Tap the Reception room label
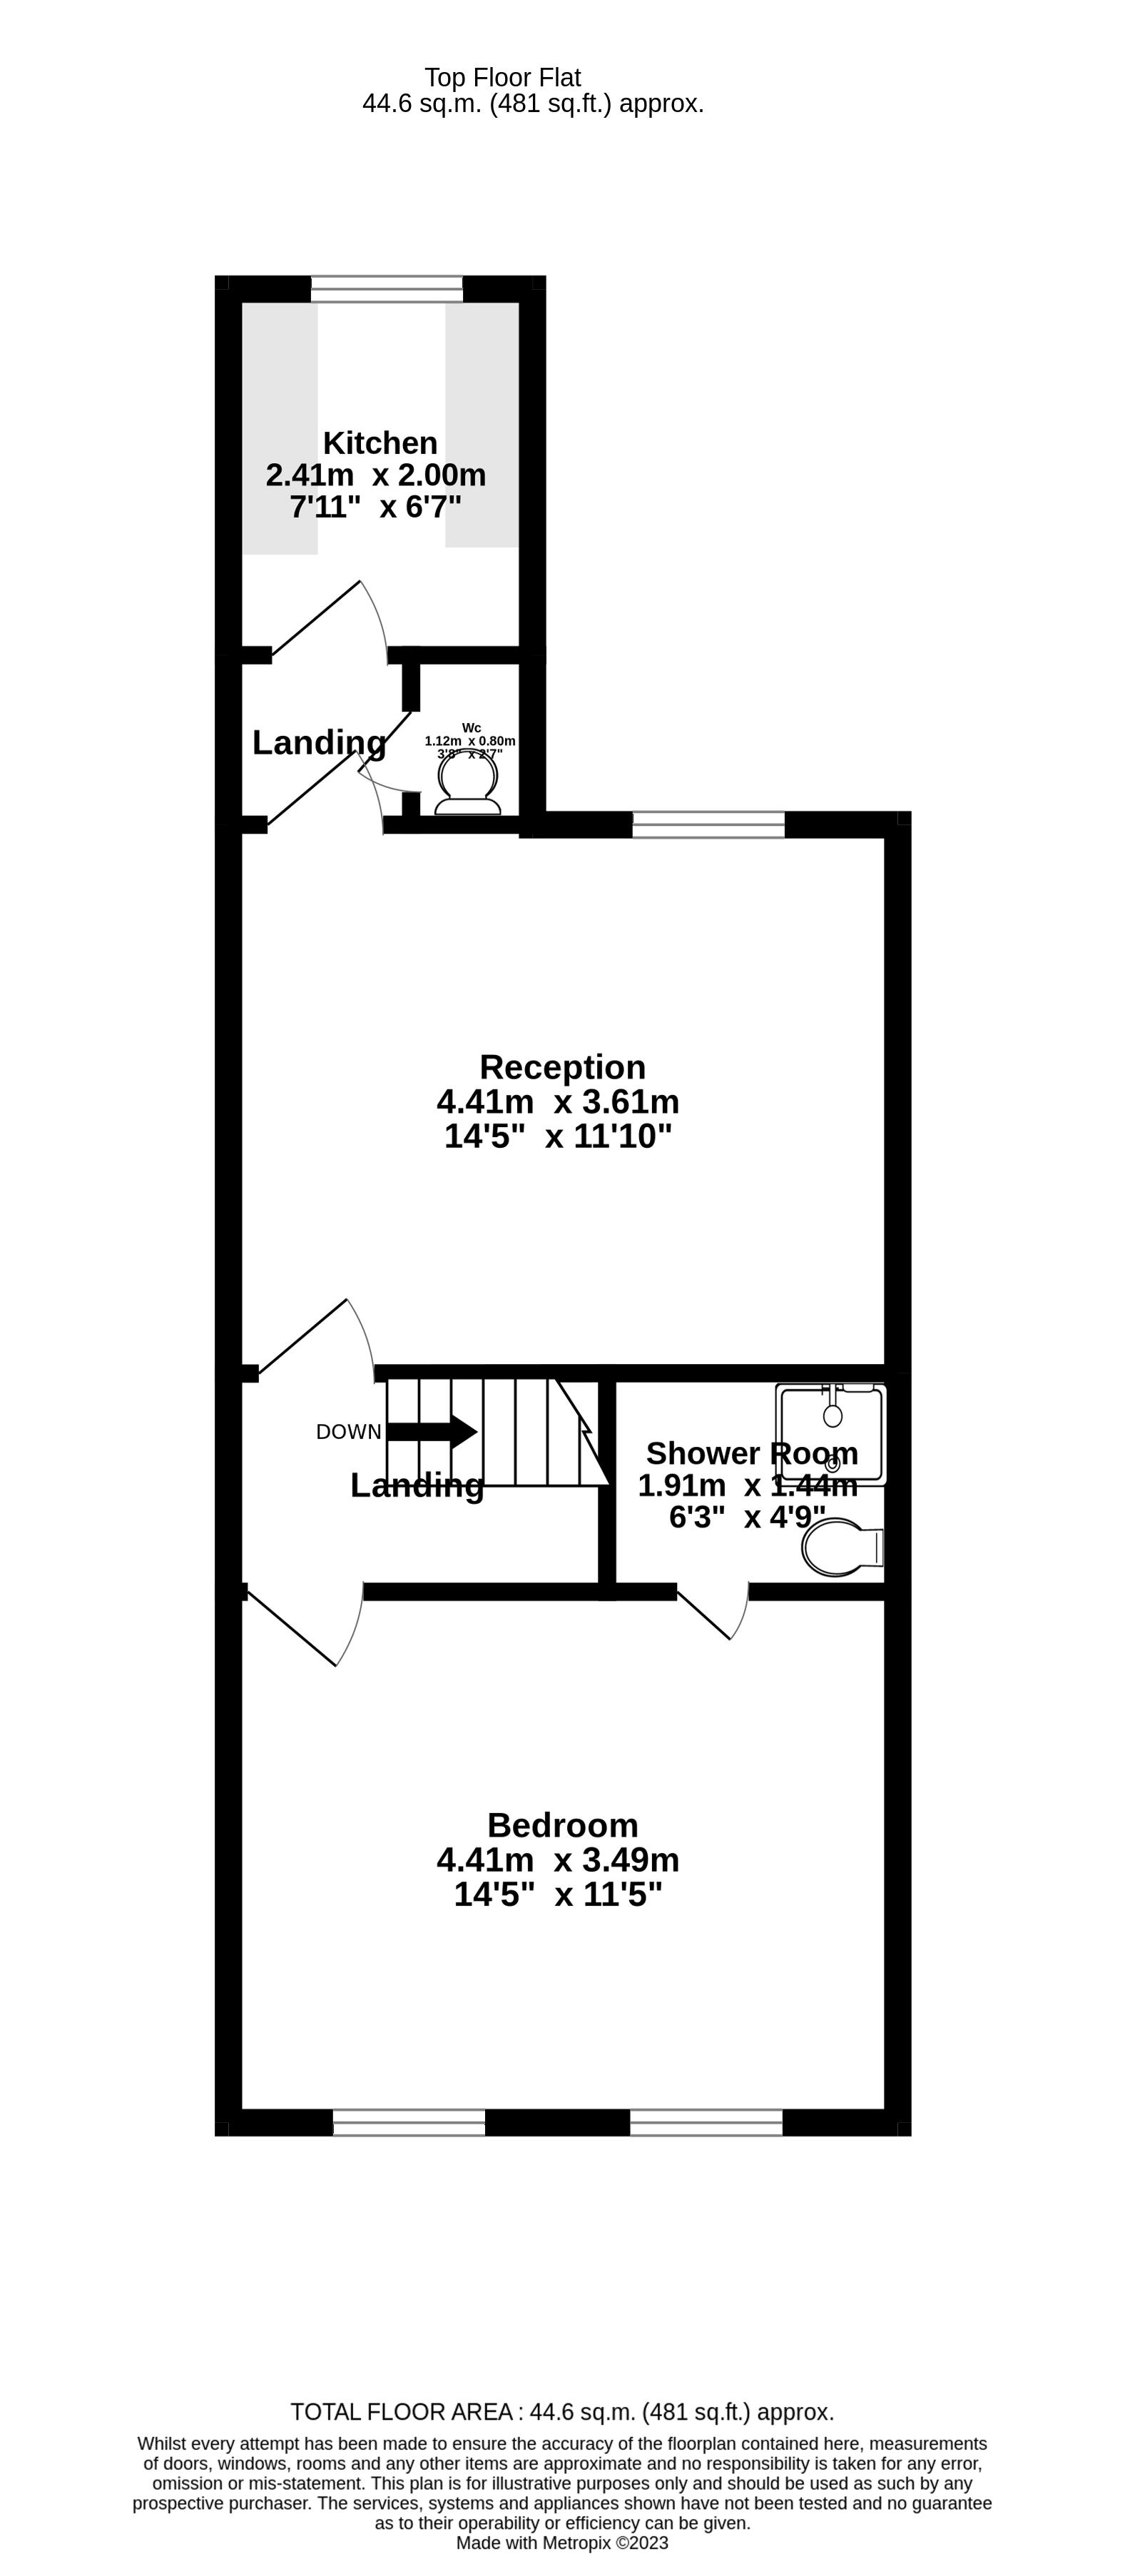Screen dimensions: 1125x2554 (x=562, y=1067)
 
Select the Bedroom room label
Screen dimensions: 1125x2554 (x=562, y=1825)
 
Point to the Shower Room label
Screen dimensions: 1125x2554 (x=751, y=1453)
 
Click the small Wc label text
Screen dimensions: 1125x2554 (x=471, y=728)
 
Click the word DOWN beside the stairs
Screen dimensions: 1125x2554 (x=348, y=1432)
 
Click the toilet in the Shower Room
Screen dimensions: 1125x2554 (x=842, y=1548)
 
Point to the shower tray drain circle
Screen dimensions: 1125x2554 (x=833, y=1465)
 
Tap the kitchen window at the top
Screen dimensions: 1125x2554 (x=387, y=288)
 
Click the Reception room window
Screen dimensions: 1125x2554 (x=708, y=824)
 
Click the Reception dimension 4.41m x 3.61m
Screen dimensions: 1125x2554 (x=558, y=1101)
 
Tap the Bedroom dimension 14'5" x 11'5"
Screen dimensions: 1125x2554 (x=558, y=1894)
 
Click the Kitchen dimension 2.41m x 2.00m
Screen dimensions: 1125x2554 (x=376, y=475)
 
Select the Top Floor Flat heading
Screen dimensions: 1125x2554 (x=502, y=77)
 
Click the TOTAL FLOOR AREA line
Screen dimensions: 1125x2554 (x=562, y=2412)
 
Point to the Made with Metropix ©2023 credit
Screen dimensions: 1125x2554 (x=562, y=2543)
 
